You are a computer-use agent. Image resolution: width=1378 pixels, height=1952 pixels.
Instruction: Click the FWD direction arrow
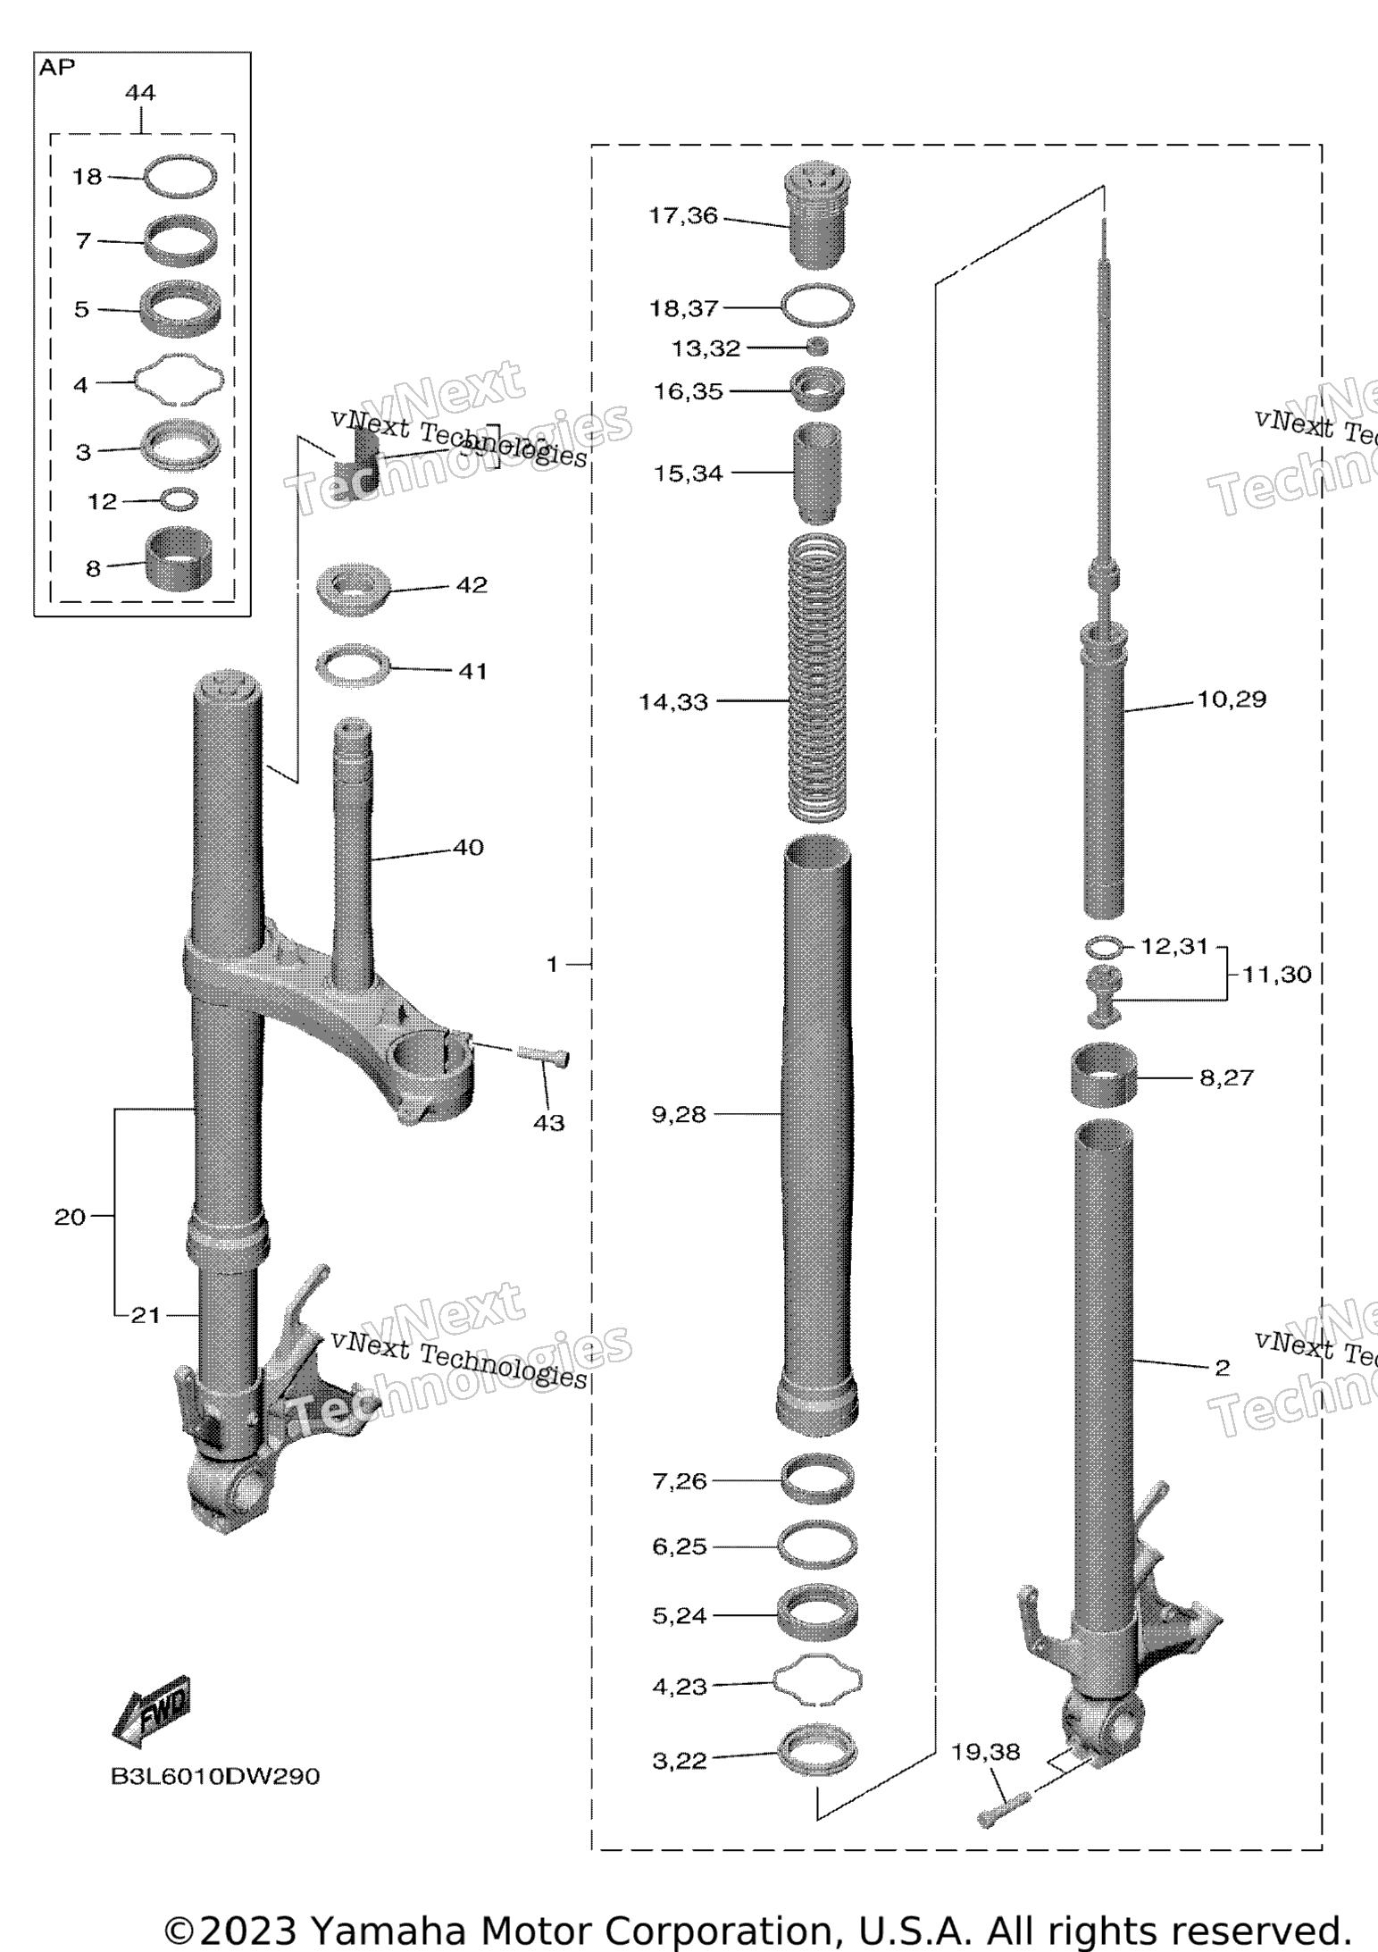(x=151, y=1711)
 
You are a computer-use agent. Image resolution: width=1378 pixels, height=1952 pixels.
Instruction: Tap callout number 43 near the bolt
(x=548, y=1123)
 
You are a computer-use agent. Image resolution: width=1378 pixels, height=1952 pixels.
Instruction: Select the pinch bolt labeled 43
(x=543, y=1056)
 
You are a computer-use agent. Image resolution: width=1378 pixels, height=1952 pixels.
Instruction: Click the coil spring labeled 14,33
(x=817, y=679)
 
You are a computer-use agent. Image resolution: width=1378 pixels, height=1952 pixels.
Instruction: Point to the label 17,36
(x=683, y=216)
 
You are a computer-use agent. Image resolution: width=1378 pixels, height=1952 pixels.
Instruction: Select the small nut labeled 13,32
(x=817, y=347)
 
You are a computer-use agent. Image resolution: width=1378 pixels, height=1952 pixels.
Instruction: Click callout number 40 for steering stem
(x=468, y=847)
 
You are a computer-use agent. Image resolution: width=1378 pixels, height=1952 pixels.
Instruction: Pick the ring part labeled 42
(x=355, y=591)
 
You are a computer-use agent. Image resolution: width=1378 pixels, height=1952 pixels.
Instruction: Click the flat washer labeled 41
(x=354, y=668)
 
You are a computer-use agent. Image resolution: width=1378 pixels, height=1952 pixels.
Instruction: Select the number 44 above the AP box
(x=140, y=92)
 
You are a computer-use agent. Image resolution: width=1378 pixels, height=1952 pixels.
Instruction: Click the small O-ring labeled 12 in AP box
(x=180, y=498)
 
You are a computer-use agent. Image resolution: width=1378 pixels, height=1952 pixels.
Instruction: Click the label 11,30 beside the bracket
(x=1276, y=974)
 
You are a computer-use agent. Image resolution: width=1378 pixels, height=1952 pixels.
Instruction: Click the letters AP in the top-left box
(x=57, y=68)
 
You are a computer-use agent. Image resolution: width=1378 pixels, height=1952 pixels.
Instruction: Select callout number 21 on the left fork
(x=146, y=1315)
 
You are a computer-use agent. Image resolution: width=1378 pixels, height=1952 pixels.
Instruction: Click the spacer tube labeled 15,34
(x=817, y=473)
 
